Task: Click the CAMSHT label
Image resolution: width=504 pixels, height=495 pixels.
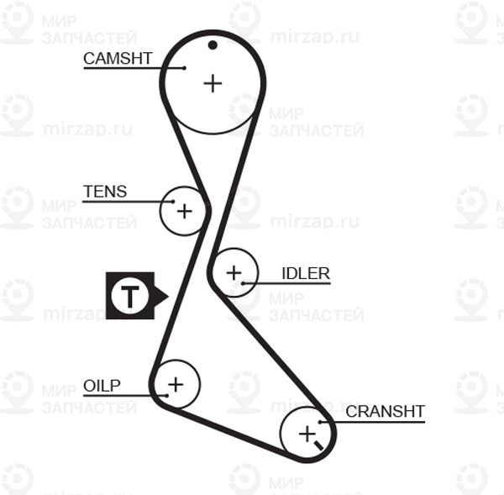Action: coord(118,58)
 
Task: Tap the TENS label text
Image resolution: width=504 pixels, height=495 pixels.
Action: coord(105,192)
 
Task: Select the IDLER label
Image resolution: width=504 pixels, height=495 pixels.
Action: coord(306,273)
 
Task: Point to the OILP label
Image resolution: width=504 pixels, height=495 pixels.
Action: coord(102,386)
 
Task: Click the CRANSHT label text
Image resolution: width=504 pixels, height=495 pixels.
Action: coord(386,411)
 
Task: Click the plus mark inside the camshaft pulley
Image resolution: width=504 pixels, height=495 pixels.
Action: coord(213,83)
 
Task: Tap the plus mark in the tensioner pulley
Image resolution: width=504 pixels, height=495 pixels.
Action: coord(184,210)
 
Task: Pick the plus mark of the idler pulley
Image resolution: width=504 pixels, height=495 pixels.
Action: coord(233,272)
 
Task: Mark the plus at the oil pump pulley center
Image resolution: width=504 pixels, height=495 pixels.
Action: coord(175,385)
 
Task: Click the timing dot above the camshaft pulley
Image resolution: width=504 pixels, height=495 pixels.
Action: coord(213,45)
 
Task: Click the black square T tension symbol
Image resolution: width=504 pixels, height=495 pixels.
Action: coord(130,296)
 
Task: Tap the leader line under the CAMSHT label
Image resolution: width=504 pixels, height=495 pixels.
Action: coord(126,67)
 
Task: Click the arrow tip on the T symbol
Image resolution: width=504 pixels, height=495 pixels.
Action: coord(166,296)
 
